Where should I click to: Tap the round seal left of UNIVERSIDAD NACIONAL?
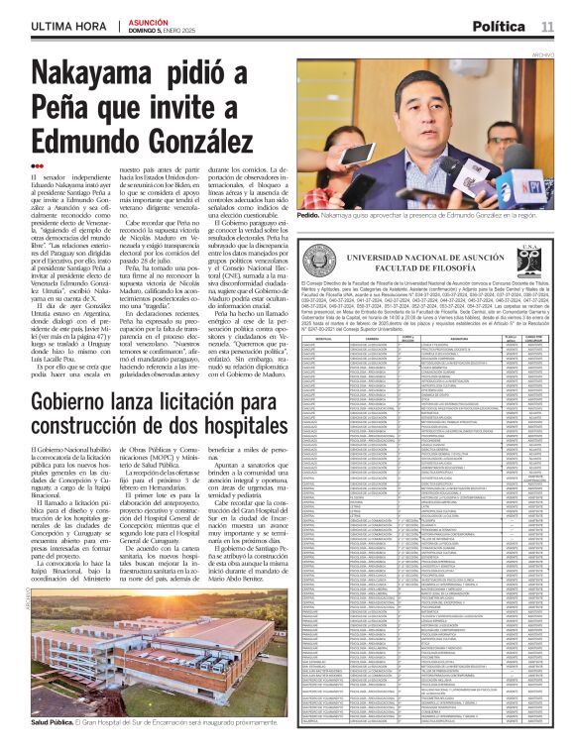[315, 261]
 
